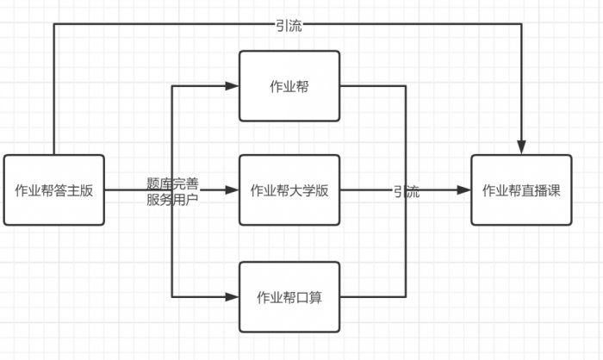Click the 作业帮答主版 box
(53, 190)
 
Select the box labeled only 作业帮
(289, 85)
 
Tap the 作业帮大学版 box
(289, 190)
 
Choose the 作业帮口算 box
(289, 297)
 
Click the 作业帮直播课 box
(521, 190)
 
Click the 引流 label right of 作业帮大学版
(406, 192)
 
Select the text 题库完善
(172, 183)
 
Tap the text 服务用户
(172, 198)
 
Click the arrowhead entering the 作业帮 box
(233, 85)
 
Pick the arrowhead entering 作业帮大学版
(233, 190)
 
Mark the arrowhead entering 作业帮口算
(233, 297)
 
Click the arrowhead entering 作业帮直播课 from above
(521, 148)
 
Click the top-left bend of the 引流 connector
(53, 24)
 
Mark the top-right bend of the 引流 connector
(521, 24)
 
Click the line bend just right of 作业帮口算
(406, 297)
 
